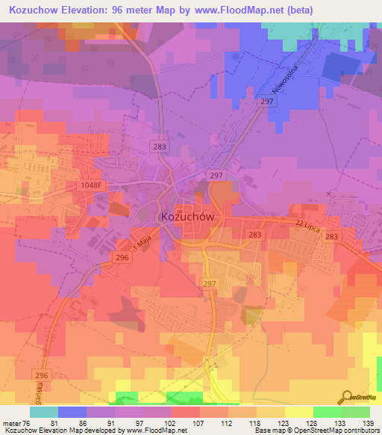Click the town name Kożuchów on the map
coord(188,217)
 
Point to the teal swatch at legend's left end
coord(44,412)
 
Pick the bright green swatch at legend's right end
coord(356,412)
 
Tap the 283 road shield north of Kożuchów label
coord(159,147)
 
